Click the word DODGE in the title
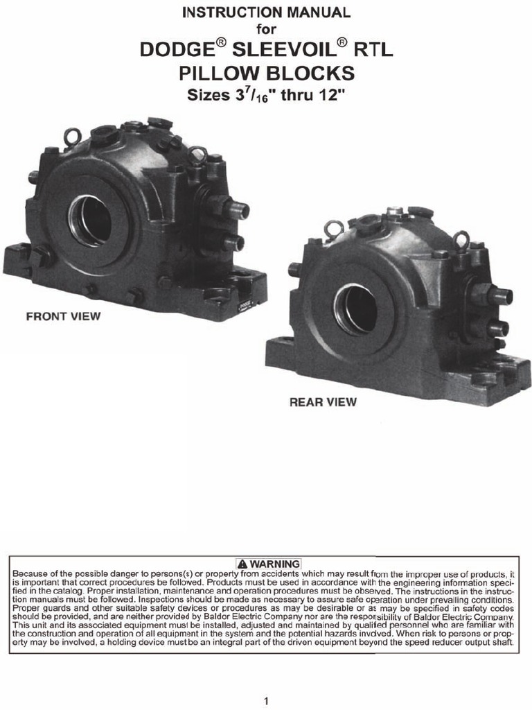coord(177,49)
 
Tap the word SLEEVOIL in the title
coord(284,49)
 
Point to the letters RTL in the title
coord(373,49)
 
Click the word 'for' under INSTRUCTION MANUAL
coord(266,29)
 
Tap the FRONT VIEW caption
coord(63,316)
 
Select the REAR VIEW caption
coord(323,401)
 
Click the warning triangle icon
coord(242,564)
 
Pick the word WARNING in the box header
coord(274,564)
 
